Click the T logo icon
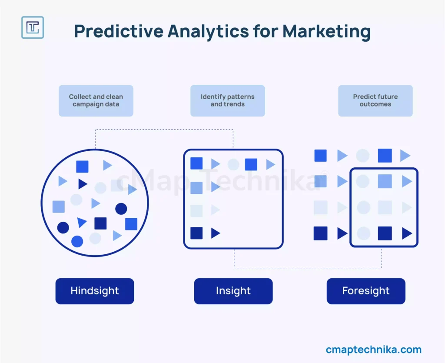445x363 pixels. click(33, 27)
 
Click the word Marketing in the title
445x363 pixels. click(326, 31)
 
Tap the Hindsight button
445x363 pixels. click(95, 291)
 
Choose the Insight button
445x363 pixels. click(233, 291)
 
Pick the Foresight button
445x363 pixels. click(366, 291)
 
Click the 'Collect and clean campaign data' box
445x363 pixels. click(96, 100)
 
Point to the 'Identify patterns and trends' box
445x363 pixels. click(228, 100)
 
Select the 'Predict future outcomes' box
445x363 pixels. click(375, 100)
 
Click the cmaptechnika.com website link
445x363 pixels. click(374, 350)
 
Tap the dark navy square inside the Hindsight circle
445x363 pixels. click(100, 223)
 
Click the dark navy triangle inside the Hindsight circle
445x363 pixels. click(83, 184)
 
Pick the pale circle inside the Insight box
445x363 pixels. click(233, 165)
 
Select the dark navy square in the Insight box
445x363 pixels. click(196, 233)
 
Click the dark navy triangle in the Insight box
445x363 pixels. click(216, 233)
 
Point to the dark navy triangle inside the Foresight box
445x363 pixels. click(407, 233)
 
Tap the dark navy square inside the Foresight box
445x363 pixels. click(385, 233)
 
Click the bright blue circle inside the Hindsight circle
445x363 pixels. click(77, 242)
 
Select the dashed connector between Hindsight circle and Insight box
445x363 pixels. click(164, 130)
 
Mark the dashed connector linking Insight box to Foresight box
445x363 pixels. click(308, 268)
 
